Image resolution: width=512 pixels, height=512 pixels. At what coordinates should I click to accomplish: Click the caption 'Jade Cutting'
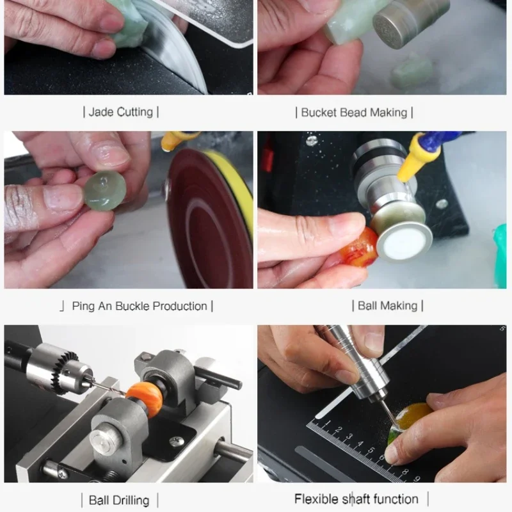click(120, 112)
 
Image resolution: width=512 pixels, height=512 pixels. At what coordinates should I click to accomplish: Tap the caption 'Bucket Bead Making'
click(354, 113)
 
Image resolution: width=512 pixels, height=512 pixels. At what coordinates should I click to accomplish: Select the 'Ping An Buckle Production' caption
click(140, 307)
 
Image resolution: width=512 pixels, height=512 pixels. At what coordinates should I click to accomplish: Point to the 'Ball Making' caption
click(388, 306)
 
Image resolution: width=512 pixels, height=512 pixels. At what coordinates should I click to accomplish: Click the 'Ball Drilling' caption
click(119, 500)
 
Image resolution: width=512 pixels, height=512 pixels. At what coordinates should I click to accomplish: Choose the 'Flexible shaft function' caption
click(356, 499)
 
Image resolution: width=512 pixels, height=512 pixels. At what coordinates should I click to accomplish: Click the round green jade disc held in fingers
click(105, 191)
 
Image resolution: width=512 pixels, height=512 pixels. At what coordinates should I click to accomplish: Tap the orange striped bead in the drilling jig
click(145, 401)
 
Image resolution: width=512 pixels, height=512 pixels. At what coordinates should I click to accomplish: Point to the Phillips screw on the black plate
click(176, 442)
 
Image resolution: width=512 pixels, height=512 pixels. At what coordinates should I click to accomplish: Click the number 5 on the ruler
click(371, 451)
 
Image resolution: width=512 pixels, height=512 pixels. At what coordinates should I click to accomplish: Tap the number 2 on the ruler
click(340, 429)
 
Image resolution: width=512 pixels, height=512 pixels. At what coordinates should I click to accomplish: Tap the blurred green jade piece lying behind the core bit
click(412, 71)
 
